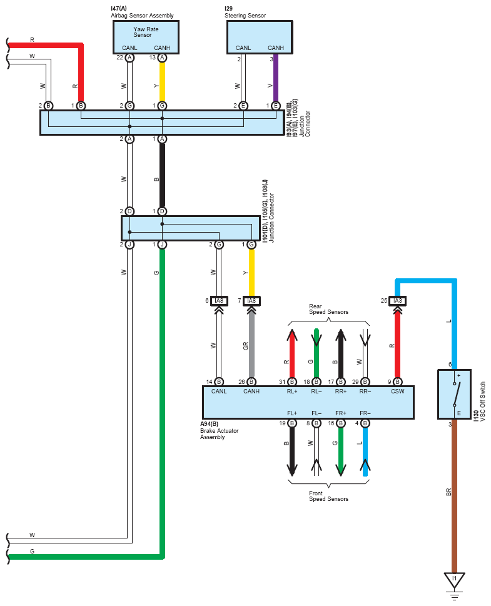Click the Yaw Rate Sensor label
pos(146,32)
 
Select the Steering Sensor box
pos(260,37)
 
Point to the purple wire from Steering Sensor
pos(276,78)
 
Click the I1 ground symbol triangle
pos(454,580)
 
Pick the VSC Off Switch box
pos(454,394)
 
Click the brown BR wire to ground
pos(454,496)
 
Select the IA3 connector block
pos(397,301)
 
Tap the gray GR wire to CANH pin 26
pos(251,344)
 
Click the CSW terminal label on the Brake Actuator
pos(397,391)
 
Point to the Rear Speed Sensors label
pos(328,309)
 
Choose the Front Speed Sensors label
pos(328,496)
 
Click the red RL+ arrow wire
pos(292,353)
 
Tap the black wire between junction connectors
pos(163,175)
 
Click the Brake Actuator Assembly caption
pos(219,430)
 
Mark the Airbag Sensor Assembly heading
pos(142,16)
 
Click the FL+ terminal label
pos(292,413)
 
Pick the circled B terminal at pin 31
pos(292,382)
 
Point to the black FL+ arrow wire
pos(292,452)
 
